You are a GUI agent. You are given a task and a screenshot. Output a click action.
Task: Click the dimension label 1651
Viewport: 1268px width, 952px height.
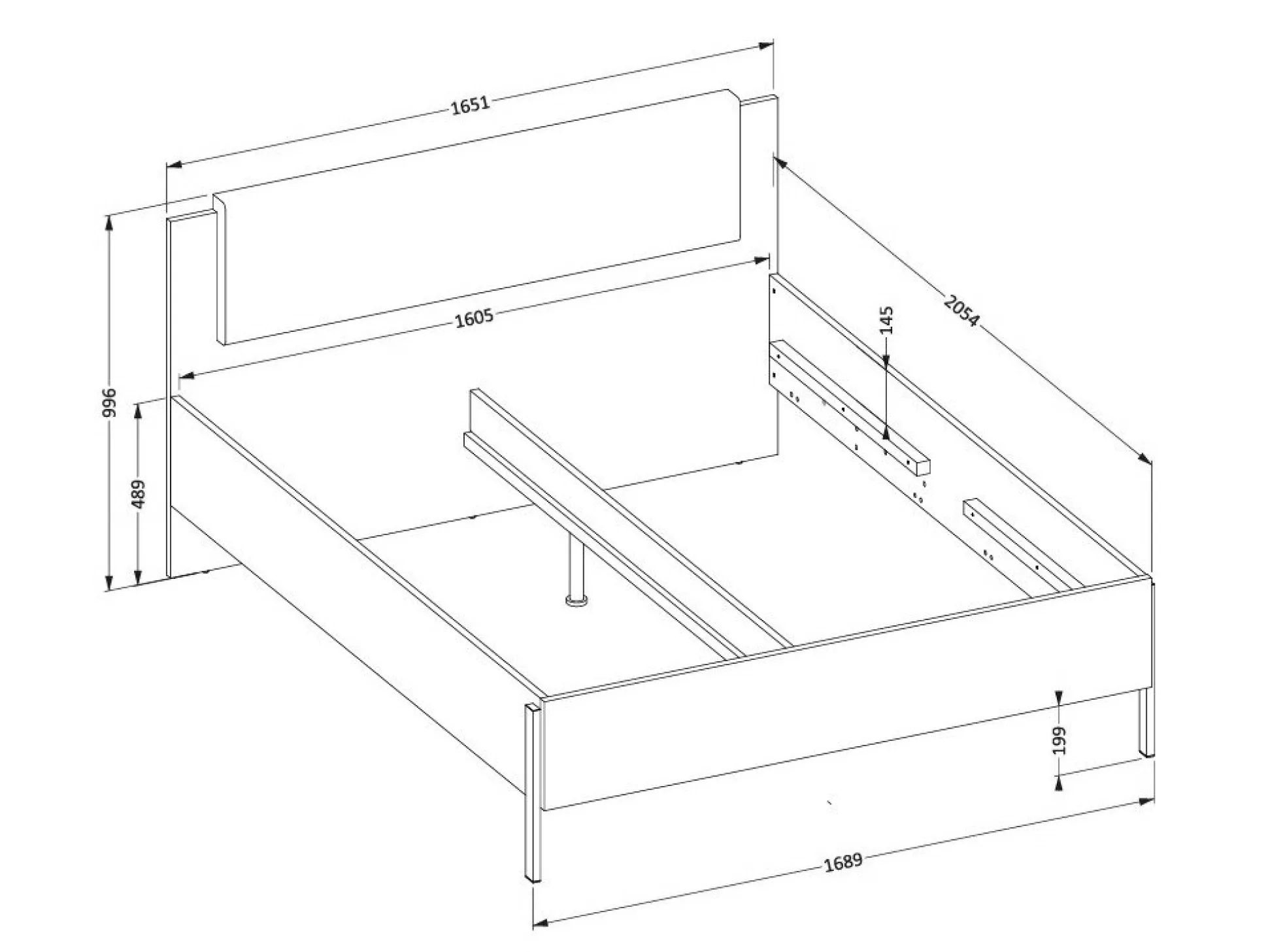pyautogui.click(x=470, y=105)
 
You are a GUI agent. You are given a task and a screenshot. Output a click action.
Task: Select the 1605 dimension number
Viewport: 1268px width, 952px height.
pyautogui.click(x=474, y=319)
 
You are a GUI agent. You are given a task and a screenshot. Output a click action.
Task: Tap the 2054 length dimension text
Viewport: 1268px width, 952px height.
pyautogui.click(x=961, y=311)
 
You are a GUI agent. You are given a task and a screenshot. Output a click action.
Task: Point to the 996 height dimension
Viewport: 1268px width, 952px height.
pyautogui.click(x=110, y=402)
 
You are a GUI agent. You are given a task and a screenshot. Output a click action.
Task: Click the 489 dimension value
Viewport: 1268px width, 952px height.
pyautogui.click(x=138, y=494)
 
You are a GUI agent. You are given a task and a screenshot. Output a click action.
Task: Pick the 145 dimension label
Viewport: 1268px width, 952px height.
pyautogui.click(x=887, y=320)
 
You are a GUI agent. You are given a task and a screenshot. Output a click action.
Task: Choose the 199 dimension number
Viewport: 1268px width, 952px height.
pyautogui.click(x=1059, y=740)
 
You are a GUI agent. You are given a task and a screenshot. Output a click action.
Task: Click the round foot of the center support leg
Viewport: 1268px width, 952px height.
pyautogui.click(x=576, y=600)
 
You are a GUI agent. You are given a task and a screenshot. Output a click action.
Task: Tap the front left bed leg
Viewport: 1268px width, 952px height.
pyautogui.click(x=533, y=793)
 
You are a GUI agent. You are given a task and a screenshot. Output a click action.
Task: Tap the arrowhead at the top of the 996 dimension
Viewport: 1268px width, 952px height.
pyautogui.click(x=110, y=223)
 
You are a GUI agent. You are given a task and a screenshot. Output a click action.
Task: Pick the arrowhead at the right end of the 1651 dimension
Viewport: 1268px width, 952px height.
pyautogui.click(x=766, y=46)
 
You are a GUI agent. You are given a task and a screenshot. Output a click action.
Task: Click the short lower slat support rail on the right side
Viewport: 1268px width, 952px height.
pyautogui.click(x=1024, y=544)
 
